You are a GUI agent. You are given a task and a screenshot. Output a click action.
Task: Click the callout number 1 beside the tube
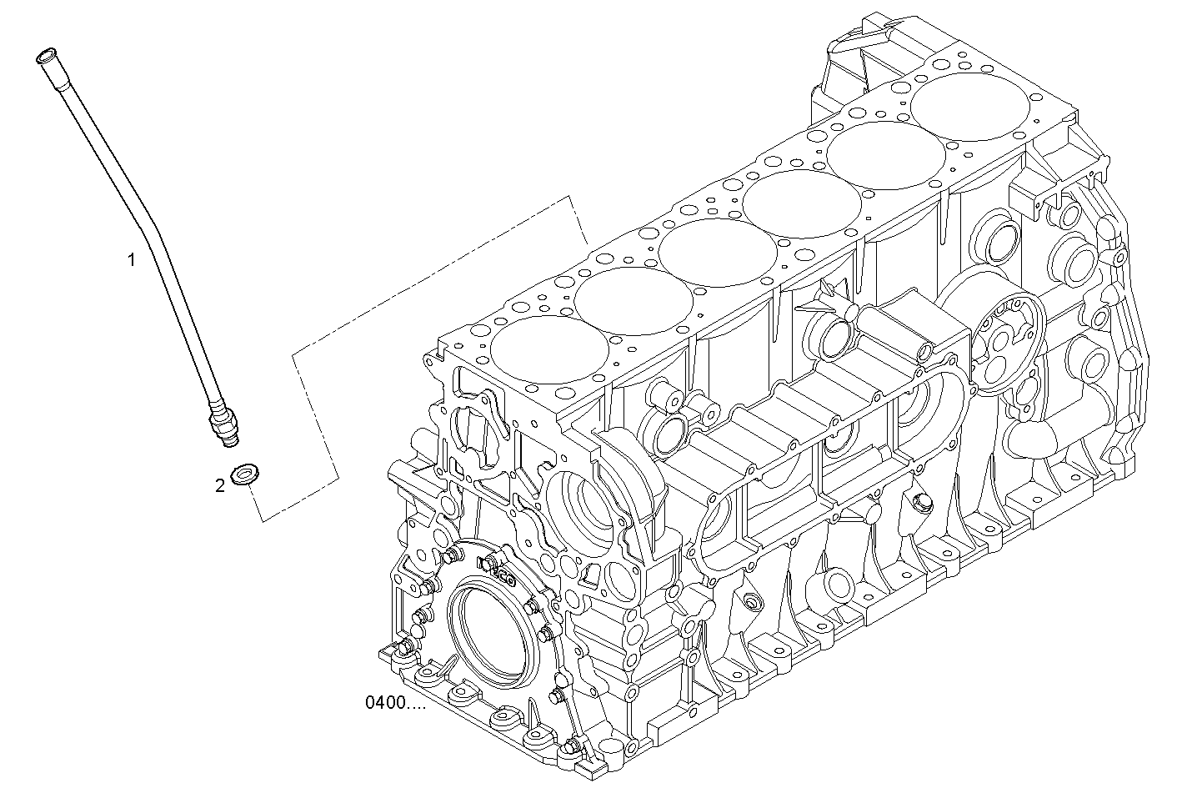coord(131,260)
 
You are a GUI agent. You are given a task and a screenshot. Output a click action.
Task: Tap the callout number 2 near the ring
coord(220,485)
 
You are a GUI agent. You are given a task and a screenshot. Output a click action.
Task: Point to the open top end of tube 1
coord(45,58)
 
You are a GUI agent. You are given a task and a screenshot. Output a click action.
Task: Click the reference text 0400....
coord(394,703)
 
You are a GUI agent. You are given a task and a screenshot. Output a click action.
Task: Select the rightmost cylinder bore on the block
coord(970,110)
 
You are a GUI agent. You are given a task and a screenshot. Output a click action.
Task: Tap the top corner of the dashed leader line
coord(570,198)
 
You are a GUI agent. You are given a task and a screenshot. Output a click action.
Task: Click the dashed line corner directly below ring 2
coord(262,521)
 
